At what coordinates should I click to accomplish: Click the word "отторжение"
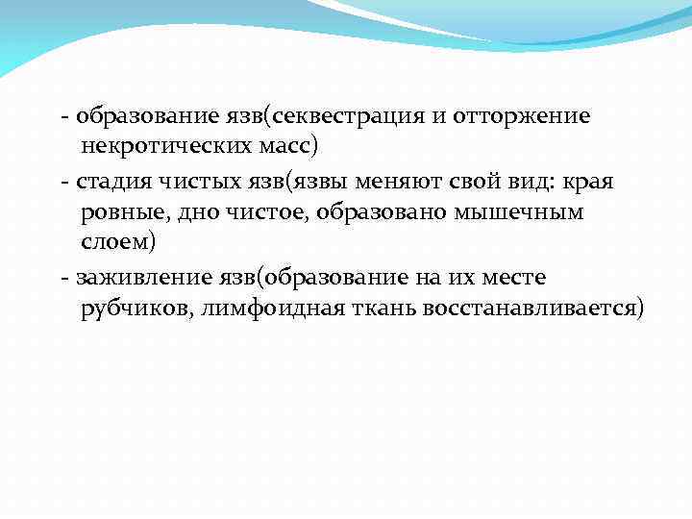(x=529, y=117)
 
